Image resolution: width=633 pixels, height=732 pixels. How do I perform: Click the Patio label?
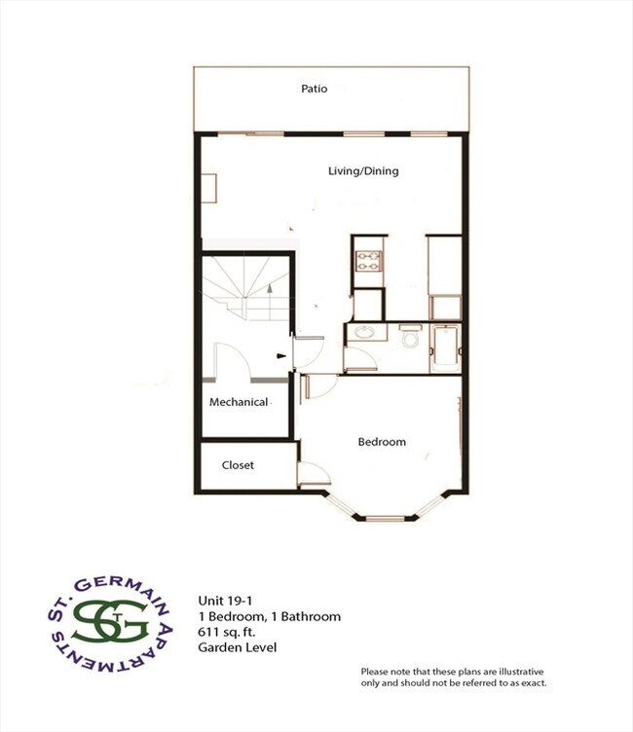tap(314, 89)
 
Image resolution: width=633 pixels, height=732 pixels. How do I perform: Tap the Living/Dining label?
tap(362, 171)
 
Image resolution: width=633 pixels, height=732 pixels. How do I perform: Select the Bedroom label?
tap(382, 442)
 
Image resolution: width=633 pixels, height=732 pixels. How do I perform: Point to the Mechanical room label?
tap(239, 402)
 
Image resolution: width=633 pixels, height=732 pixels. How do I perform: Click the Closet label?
tap(238, 465)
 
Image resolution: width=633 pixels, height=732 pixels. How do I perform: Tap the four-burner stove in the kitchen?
tap(369, 261)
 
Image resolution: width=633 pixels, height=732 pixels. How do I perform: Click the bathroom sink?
tap(365, 333)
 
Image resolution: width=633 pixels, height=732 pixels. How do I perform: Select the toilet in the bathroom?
tap(410, 340)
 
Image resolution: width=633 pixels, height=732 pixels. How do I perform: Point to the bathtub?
tap(446, 346)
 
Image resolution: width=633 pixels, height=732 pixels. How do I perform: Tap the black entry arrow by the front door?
tap(282, 356)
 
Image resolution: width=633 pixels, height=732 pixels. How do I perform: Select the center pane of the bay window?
tap(386, 517)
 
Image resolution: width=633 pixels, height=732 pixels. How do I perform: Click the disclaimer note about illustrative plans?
tap(452, 677)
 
